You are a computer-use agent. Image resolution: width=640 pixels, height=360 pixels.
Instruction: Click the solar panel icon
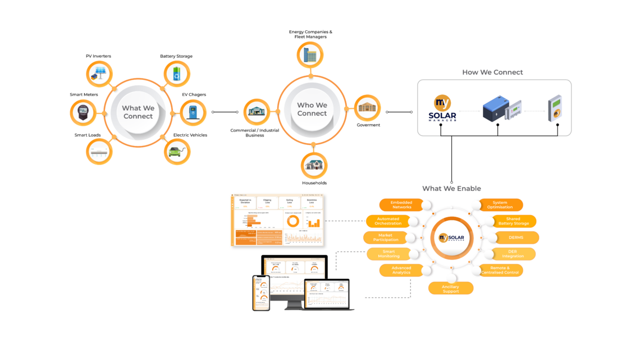tap(100, 74)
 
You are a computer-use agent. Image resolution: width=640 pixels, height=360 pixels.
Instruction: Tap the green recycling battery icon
tap(177, 74)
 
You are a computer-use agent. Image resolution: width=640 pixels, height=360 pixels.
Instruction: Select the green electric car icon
tap(177, 151)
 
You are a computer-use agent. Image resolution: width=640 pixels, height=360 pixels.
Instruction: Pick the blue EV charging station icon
tap(193, 112)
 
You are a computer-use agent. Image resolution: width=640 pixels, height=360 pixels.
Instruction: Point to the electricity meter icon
tap(83, 112)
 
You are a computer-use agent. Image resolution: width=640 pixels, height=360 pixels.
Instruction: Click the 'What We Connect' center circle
tap(138, 112)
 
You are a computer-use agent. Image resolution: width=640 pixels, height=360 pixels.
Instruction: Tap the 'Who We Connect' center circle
tap(312, 109)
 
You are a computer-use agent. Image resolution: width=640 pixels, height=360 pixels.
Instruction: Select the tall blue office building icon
tap(310, 55)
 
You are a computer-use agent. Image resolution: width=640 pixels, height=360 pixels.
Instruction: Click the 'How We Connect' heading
tap(492, 72)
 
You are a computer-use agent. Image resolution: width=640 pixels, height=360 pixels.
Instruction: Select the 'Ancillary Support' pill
tap(450, 289)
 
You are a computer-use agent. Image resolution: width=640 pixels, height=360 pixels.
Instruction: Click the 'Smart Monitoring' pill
tap(388, 254)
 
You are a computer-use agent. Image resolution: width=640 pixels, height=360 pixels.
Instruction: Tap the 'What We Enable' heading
tap(451, 189)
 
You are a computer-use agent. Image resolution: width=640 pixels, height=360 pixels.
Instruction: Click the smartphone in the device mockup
tap(261, 293)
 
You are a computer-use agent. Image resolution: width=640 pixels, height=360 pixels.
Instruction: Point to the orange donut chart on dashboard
tap(292, 221)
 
